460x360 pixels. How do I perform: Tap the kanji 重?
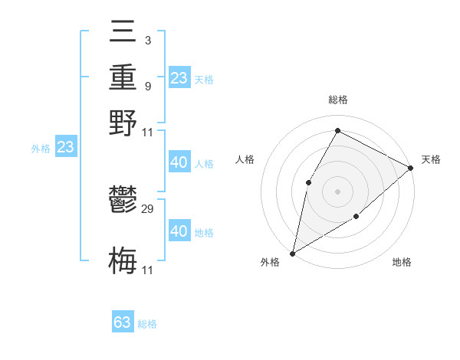(123, 80)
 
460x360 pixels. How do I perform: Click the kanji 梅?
(123, 260)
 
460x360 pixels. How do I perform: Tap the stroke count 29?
(148, 208)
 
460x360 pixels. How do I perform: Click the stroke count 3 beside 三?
(147, 40)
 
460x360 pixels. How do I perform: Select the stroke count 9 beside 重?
(147, 86)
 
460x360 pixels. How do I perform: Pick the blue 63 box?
(123, 322)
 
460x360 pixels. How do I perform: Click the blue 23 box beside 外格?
(65, 148)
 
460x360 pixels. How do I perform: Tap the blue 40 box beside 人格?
(179, 162)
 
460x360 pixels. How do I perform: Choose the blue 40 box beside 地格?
(179, 231)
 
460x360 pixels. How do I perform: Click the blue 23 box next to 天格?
(179, 78)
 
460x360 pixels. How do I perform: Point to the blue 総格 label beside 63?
(147, 324)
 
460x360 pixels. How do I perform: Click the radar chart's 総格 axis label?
(337, 100)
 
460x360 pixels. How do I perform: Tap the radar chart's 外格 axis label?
(270, 262)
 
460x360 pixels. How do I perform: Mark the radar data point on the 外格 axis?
(292, 253)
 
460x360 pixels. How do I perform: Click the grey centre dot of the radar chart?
(337, 191)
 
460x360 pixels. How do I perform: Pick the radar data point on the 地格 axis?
(356, 218)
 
